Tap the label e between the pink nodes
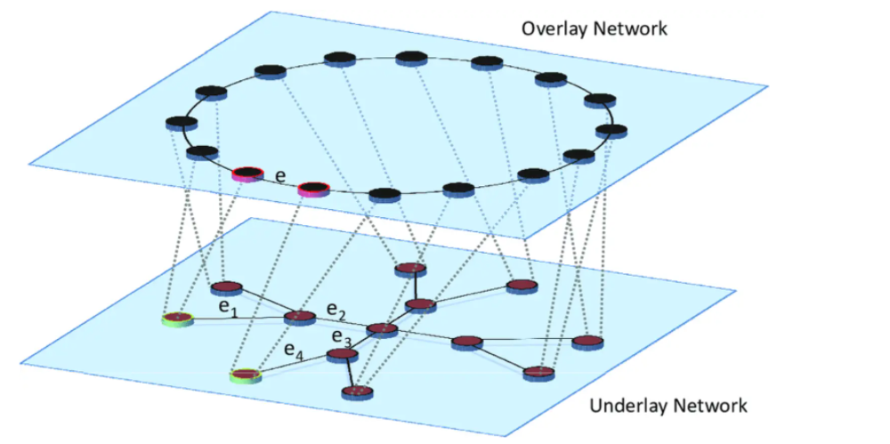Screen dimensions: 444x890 pos(280,177)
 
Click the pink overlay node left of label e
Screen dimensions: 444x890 pos(247,174)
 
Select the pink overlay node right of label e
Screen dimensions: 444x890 pos(313,188)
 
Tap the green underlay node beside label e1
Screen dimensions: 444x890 pos(177,318)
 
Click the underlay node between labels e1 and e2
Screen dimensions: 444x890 pos(300,317)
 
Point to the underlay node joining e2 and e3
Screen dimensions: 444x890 pos(382,329)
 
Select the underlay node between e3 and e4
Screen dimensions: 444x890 pos(343,355)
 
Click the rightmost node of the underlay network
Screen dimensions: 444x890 pos(587,341)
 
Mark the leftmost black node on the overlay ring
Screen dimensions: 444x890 pos(182,122)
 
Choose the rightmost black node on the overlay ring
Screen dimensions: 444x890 pos(611,131)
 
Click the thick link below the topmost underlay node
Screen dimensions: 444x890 pos(415,287)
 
